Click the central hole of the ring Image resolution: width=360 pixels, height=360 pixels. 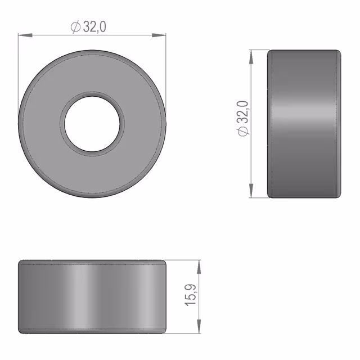point(92,124)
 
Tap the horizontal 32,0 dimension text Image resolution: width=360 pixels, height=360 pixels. point(94,26)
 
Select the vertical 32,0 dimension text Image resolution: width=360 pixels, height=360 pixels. point(243,112)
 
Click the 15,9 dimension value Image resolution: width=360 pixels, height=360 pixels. point(190,295)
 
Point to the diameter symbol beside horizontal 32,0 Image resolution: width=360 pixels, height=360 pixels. point(75,27)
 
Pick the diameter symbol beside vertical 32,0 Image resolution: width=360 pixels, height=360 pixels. point(243,131)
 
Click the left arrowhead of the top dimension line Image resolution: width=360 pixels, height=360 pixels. point(25,35)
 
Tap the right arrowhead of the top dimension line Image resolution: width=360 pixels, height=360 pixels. point(159,35)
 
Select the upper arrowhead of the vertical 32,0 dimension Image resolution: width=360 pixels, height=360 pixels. point(251,57)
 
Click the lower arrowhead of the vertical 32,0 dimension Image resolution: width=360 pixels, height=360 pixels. point(251,191)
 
